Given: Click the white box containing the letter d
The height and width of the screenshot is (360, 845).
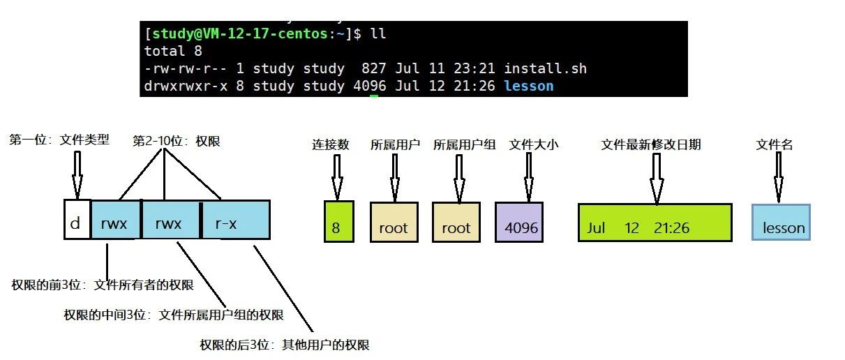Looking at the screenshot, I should tap(77, 220).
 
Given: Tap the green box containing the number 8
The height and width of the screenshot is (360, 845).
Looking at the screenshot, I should tap(339, 222).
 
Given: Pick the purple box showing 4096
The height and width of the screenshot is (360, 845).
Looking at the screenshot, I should tap(521, 223).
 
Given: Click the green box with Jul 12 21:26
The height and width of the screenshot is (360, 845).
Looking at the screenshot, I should tap(655, 223).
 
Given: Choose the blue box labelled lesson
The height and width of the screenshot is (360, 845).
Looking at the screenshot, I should tap(782, 223).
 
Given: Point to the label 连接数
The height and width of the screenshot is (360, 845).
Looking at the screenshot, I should tap(331, 145).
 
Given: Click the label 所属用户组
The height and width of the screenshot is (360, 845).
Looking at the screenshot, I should tap(464, 145).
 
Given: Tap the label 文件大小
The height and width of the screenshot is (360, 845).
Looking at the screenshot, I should tap(534, 145).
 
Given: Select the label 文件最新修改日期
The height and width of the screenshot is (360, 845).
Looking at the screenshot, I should tap(651, 145).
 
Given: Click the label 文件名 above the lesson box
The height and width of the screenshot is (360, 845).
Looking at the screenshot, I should tap(775, 145).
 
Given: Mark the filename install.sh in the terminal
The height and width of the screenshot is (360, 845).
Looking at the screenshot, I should tap(545, 68).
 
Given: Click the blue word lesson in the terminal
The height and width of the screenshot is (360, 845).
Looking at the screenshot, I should tap(528, 86).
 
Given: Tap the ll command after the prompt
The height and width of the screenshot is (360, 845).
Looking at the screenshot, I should tap(379, 33).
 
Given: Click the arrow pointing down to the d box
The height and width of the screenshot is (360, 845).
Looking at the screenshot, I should tap(76, 174).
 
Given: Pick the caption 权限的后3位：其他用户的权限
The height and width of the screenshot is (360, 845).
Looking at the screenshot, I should tap(285, 345).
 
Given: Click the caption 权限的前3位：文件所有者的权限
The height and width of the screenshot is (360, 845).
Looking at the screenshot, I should tap(103, 285).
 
